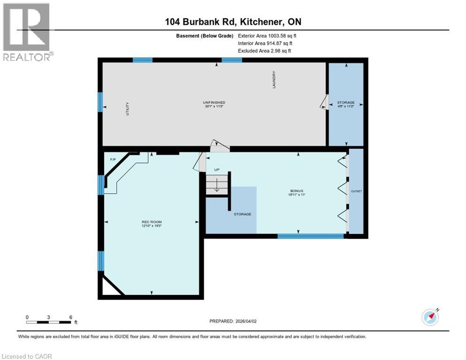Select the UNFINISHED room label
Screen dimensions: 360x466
point(214,103)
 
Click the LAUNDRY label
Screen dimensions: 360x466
point(274,80)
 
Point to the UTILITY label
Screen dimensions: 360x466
point(127,109)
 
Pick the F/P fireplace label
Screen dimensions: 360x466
point(113,160)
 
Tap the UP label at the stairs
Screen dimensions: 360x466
point(217,170)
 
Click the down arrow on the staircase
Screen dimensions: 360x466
point(217,186)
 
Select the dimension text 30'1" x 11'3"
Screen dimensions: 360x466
point(214,107)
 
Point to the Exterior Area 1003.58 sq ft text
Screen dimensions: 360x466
point(267,36)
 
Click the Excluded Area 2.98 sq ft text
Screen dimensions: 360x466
point(264,51)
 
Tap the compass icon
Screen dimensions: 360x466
point(430,317)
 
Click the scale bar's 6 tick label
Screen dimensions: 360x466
point(70,317)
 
